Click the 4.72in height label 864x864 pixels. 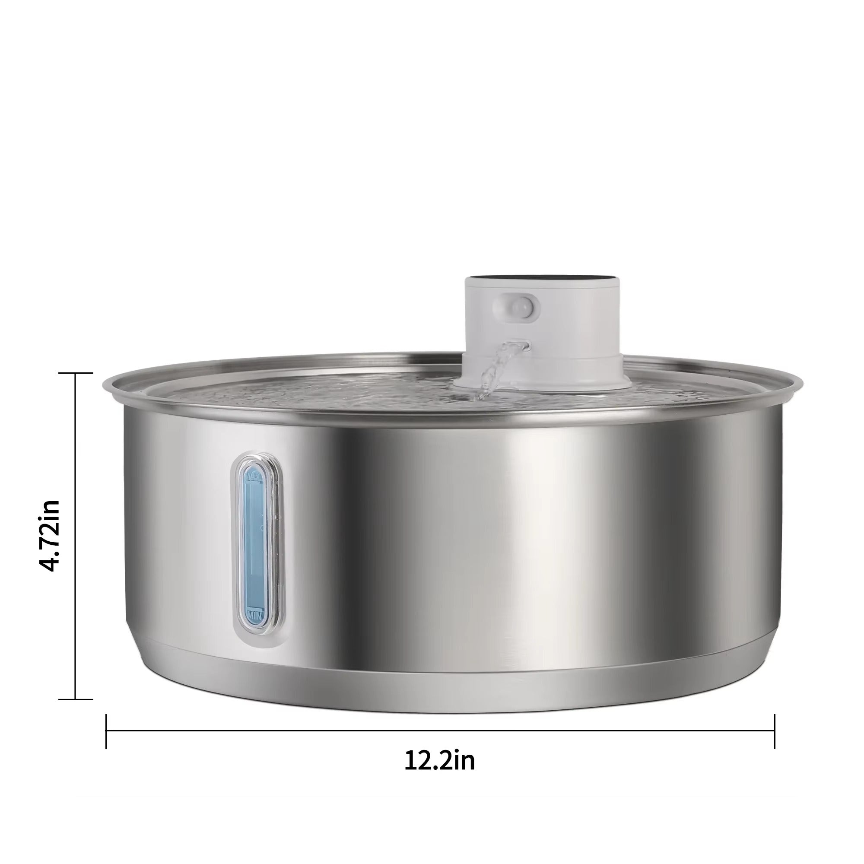coord(49,535)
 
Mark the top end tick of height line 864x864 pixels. coord(76,372)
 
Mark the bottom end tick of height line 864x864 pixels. coord(76,699)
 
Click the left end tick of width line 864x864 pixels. coord(106,732)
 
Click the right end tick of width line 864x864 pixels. coord(774,732)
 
